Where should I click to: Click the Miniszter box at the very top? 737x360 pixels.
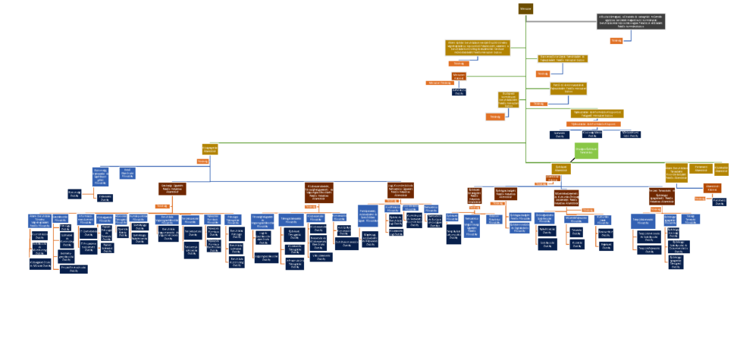point(525,8)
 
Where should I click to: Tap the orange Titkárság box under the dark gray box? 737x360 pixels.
point(616,41)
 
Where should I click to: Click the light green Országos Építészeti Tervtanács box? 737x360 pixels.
point(585,150)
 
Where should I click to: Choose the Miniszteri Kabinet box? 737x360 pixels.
point(459,76)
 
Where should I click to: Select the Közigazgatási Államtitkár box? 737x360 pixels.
point(210,149)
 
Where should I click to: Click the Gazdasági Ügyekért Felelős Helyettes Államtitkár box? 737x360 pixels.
point(172,189)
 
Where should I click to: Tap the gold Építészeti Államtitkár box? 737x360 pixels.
point(561,169)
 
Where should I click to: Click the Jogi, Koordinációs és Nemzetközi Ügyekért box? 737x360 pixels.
point(400,189)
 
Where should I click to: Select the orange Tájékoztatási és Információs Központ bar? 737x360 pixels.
point(594,124)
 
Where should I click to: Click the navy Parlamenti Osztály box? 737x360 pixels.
point(720,202)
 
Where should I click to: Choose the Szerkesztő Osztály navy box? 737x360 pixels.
point(560,135)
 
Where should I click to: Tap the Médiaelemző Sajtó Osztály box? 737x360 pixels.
point(630,134)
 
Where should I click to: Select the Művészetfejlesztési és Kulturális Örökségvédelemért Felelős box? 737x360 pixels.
point(566,198)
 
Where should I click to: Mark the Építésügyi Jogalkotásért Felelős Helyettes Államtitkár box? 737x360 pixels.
point(505,194)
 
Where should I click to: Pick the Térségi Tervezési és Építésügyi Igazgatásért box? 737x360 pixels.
point(661,196)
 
